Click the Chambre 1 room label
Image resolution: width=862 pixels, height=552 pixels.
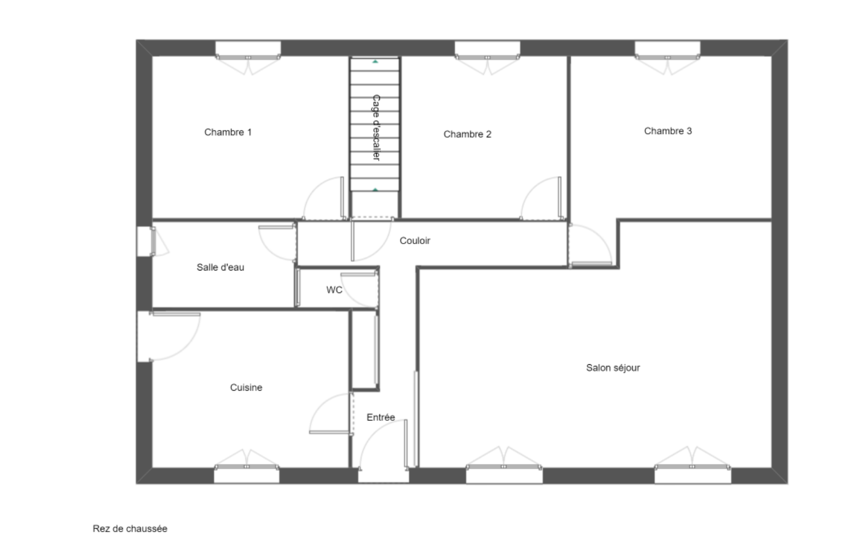[228, 132]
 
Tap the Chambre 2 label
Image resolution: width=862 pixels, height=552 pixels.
[467, 134]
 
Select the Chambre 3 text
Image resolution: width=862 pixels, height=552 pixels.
[668, 131]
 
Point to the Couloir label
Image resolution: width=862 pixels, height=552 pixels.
[415, 240]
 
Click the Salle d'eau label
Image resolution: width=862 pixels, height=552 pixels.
[220, 267]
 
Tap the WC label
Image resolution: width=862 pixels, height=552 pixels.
[334, 290]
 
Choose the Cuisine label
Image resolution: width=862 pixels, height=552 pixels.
[246, 388]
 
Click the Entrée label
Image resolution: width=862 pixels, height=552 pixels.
[380, 417]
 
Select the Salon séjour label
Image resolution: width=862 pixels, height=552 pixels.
[613, 368]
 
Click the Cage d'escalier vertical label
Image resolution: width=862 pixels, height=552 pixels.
[376, 128]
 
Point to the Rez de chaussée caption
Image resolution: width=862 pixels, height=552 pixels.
[130, 528]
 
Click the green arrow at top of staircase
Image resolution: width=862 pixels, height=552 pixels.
[375, 62]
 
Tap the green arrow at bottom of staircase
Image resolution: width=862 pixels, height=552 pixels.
[375, 190]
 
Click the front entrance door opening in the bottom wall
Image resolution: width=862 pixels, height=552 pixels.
[383, 475]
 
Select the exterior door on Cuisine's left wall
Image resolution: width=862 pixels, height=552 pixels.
[145, 336]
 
